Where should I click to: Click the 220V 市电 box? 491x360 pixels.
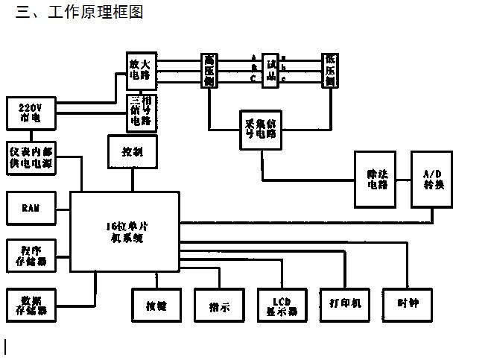pyautogui.click(x=31, y=113)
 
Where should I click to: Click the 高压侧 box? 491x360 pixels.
pyautogui.click(x=209, y=70)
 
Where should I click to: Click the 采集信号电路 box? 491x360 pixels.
pyautogui.click(x=260, y=130)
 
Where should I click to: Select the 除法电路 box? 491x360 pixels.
pyautogui.click(x=375, y=179)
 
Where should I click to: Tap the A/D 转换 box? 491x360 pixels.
pyautogui.click(x=432, y=179)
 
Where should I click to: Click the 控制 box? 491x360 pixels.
pyautogui.click(x=133, y=153)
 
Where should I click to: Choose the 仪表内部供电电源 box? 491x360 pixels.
pyautogui.click(x=31, y=157)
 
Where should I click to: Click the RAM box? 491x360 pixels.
pyautogui.click(x=31, y=208)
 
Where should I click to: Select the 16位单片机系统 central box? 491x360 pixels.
pyautogui.click(x=124, y=232)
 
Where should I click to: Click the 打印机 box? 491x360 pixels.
pyautogui.click(x=345, y=304)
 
